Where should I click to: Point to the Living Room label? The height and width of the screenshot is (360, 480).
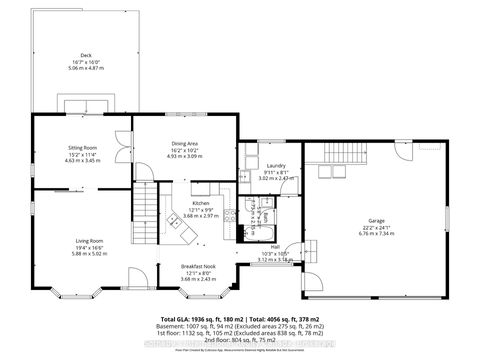(x=90, y=241)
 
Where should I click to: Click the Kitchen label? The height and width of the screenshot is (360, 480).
(x=200, y=202)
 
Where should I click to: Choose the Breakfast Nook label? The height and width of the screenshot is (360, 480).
(x=196, y=266)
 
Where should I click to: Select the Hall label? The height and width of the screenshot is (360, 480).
(x=274, y=246)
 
